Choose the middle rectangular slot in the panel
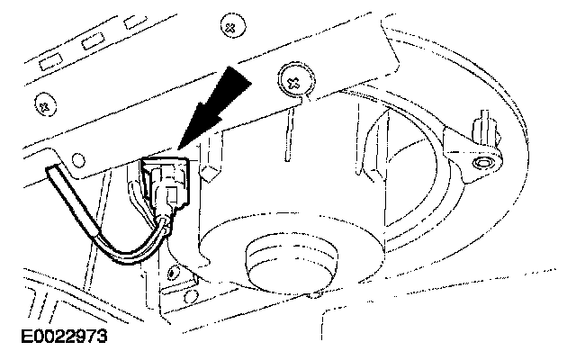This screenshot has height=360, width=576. [x=91, y=40]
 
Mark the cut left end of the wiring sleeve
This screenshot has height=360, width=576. [x=54, y=173]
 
